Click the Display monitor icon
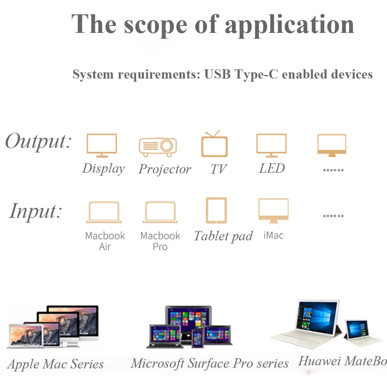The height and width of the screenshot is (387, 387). [101, 145]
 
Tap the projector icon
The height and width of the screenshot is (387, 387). [158, 147]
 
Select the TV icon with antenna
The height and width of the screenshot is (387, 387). [214, 144]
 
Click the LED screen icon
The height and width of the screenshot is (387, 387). [271, 145]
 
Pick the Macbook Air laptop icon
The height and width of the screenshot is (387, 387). [104, 212]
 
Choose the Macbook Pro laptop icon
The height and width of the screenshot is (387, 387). [160, 212]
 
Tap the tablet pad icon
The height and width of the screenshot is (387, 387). [216, 211]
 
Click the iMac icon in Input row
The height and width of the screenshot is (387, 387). [273, 211]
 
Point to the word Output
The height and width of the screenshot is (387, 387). [38, 141]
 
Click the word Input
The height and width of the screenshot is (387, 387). [36, 211]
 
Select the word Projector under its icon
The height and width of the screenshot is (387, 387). [165, 169]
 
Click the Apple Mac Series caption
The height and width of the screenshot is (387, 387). [56, 364]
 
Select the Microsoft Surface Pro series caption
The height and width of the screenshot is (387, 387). [210, 363]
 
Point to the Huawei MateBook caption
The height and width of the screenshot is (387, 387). [342, 361]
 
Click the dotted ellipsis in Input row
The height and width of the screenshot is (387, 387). [333, 216]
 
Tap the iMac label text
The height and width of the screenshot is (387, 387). [273, 235]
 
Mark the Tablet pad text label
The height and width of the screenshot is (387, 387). [223, 236]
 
